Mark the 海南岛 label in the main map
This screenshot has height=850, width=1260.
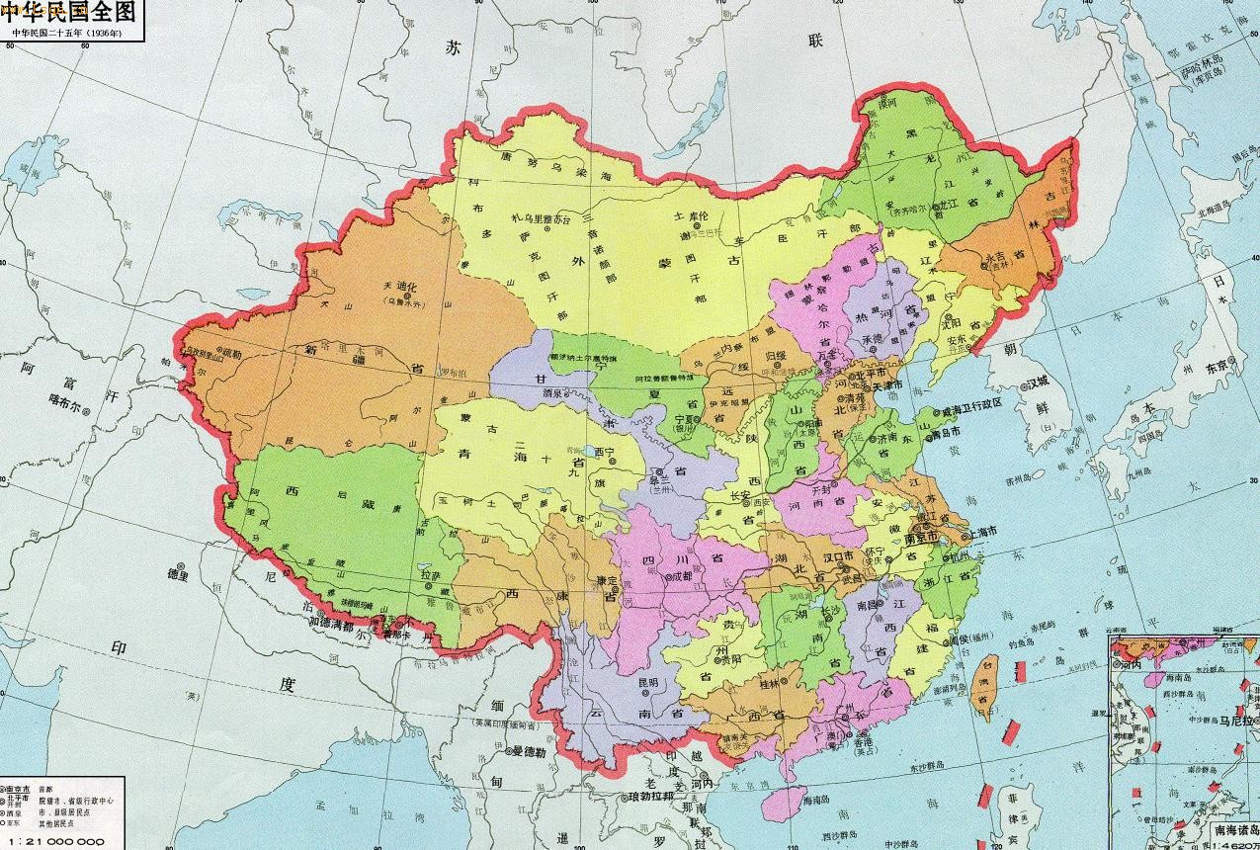click(x=818, y=799)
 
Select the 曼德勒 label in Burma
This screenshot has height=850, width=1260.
click(x=529, y=751)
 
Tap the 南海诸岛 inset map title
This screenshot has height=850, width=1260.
click(x=1231, y=833)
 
